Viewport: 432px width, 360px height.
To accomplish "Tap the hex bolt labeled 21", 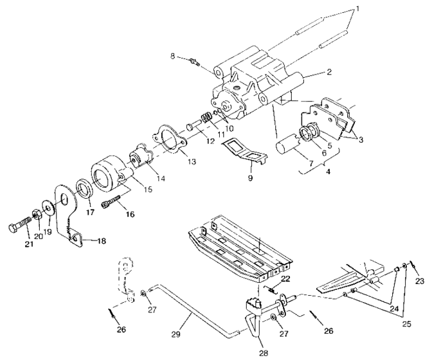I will click(19, 227).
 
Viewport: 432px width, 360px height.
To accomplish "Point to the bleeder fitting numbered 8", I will click(193, 60).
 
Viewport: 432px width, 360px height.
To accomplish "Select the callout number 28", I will click(264, 353).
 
